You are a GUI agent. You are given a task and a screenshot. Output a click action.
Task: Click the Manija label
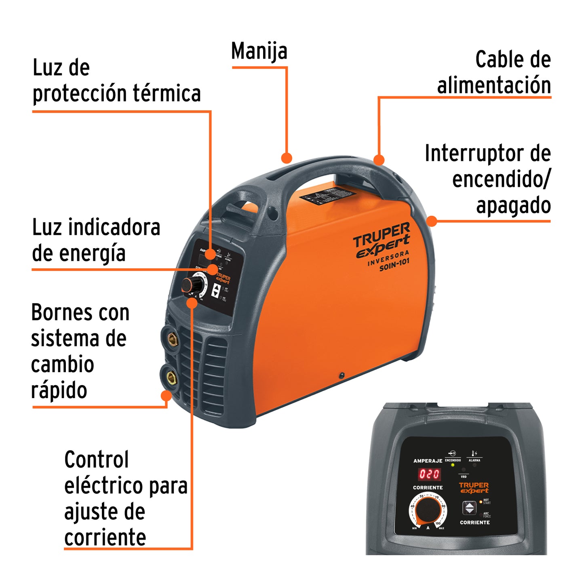pyautogui.click(x=259, y=51)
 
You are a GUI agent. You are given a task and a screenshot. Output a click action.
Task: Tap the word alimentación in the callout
pyautogui.click(x=494, y=86)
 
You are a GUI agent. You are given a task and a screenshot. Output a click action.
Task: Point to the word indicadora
pyautogui.click(x=114, y=228)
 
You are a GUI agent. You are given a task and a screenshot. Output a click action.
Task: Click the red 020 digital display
pyautogui.click(x=429, y=474)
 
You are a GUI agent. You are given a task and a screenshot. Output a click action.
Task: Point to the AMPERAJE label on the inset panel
pyautogui.click(x=428, y=461)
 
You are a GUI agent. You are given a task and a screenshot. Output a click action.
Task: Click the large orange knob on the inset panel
pyautogui.click(x=428, y=510)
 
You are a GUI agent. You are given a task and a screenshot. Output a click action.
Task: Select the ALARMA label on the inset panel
pyautogui.click(x=474, y=460)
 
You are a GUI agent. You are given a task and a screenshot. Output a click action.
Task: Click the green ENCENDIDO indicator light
pyautogui.click(x=453, y=465)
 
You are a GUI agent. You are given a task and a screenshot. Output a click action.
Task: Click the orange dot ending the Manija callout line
pyautogui.click(x=287, y=158)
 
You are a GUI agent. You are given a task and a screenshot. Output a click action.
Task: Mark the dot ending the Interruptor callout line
pyautogui.click(x=432, y=221)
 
